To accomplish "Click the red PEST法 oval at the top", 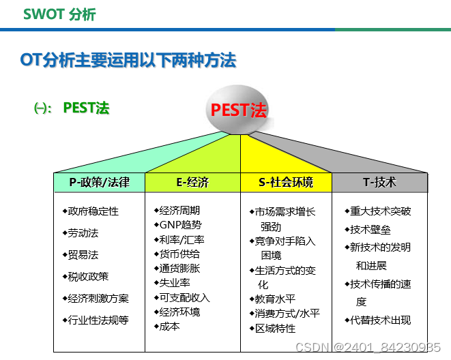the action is tap(238, 110).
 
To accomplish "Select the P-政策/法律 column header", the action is tap(99, 182).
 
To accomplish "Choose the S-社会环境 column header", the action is tap(286, 182).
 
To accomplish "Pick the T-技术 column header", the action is tap(379, 182).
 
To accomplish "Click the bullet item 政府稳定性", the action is tap(93, 211).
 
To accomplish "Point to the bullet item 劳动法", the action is tap(83, 233).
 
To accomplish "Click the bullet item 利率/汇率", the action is tap(181, 239).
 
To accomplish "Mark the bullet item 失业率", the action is tap(175, 283).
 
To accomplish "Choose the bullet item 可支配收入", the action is tap(184, 297).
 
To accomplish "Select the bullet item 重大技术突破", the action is tap(381, 211).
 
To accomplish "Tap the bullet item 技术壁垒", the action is tap(370, 230).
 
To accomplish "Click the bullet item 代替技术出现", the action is tap(381, 320).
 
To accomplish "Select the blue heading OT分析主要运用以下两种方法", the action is tap(128, 61).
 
